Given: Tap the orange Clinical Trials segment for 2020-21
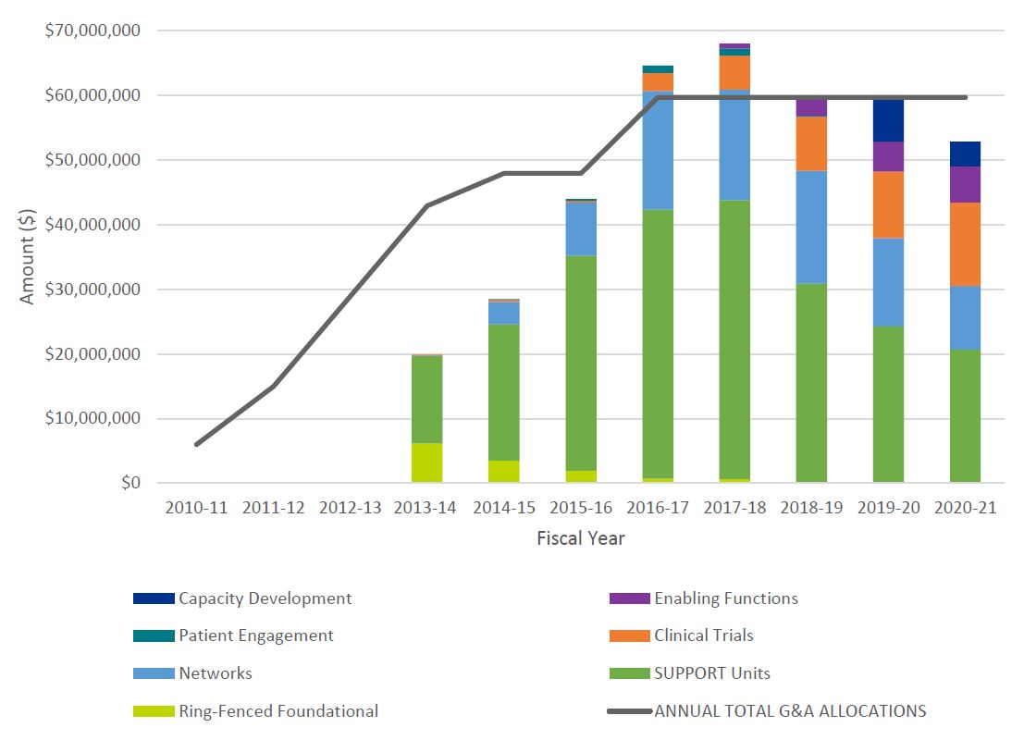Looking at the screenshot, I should coord(965,244).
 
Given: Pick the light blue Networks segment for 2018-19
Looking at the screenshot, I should coord(811,228).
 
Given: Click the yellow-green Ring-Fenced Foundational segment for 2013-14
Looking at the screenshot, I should coord(427,462).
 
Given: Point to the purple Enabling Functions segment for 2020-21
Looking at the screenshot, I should coord(965,185).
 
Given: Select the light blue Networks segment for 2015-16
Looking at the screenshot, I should coord(581,228).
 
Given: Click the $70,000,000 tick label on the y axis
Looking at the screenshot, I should coord(93,31).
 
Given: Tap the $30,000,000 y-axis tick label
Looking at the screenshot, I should coord(93,290).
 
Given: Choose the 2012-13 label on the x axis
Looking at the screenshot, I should coord(351,508).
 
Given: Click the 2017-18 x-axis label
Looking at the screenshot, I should coord(734,508).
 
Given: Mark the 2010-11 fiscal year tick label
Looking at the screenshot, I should coord(196,508).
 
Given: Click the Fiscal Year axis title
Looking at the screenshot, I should coord(580,538).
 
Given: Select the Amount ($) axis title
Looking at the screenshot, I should coord(28,256).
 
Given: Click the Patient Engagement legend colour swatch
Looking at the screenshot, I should coord(152,635).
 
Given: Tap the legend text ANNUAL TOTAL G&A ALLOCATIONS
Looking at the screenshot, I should coord(790,711).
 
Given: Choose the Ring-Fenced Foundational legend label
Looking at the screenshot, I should coord(278,711).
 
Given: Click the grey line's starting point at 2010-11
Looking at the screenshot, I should coord(196,444).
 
